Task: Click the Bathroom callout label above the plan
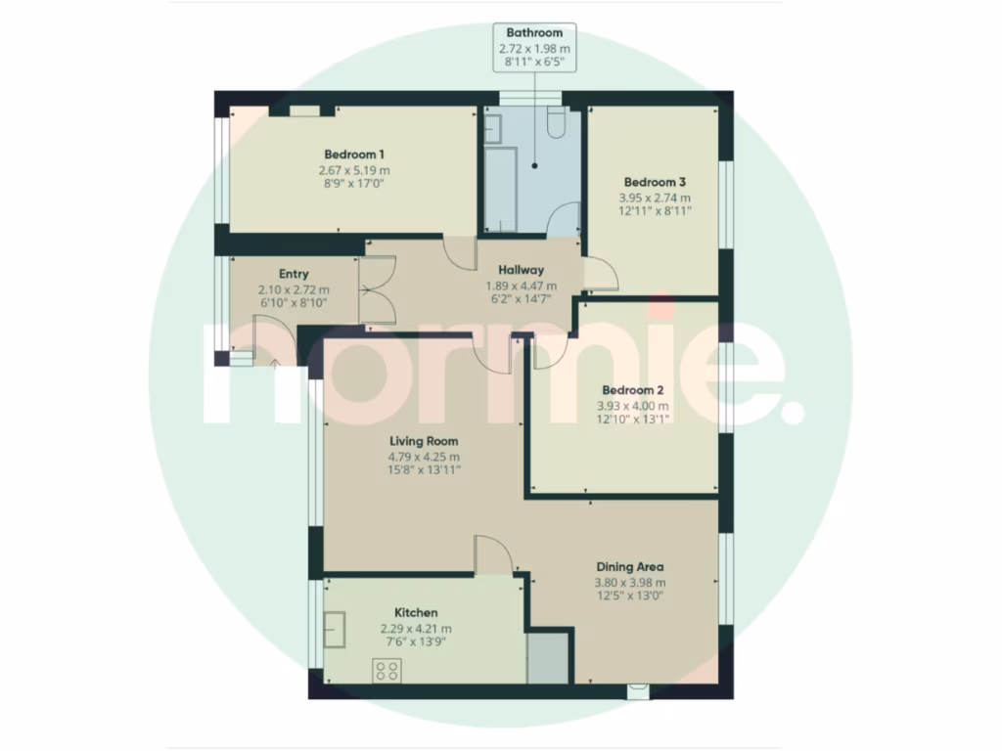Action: (x=534, y=32)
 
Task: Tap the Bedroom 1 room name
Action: (x=353, y=155)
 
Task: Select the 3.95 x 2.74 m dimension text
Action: (x=654, y=196)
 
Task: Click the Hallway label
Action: (x=521, y=270)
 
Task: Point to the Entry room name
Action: (x=294, y=275)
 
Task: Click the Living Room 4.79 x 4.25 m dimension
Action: (x=422, y=456)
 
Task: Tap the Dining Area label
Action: (x=630, y=566)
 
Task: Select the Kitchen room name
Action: (x=416, y=612)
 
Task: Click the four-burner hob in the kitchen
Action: (x=387, y=671)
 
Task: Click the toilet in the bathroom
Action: (x=556, y=123)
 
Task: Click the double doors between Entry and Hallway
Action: (x=377, y=289)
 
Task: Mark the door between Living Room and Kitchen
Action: (x=495, y=554)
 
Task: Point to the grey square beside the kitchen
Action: (x=547, y=659)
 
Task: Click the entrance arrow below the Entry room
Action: (x=274, y=365)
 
